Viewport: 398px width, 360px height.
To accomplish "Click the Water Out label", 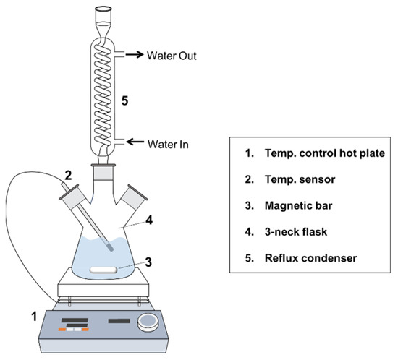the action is click(172, 56).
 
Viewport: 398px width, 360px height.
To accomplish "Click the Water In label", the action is click(168, 145).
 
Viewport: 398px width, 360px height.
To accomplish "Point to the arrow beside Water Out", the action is click(135, 54).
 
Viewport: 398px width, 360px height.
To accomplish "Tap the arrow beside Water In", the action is click(135, 142).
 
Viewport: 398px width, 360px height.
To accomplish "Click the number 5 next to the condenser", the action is click(124, 101).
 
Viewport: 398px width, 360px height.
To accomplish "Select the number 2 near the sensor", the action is click(68, 176).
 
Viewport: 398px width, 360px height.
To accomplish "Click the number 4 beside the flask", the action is click(149, 220).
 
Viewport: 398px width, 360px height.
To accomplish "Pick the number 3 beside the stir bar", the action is click(148, 262).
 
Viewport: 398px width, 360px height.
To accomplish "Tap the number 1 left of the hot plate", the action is click(34, 317).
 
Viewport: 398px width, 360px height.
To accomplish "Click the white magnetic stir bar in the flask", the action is click(103, 270).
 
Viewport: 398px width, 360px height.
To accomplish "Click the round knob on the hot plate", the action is click(147, 322).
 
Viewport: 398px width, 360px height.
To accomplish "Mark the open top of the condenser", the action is click(103, 9).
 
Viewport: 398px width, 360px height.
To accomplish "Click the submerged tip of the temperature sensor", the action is click(110, 247).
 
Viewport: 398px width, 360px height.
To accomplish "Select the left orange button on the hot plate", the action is click(62, 330).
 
